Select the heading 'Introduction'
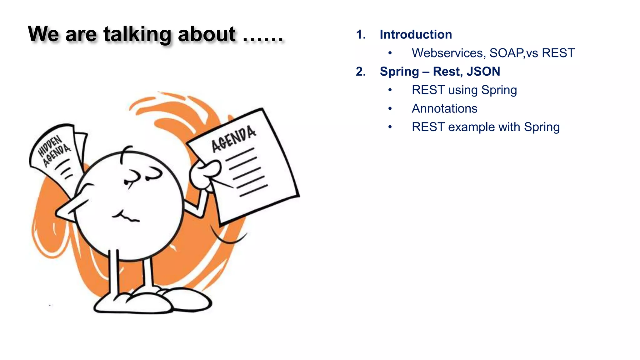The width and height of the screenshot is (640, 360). pos(416,34)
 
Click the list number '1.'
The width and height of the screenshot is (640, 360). pos(361,34)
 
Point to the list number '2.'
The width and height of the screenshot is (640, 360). pos(361,72)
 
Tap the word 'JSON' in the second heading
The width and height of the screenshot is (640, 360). pos(483,72)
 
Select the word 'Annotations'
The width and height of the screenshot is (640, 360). pos(444,109)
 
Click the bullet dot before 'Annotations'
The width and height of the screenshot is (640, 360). pos(390,109)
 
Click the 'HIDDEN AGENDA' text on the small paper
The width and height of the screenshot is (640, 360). pos(54,151)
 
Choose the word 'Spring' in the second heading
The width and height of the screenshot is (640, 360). pos(399,72)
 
